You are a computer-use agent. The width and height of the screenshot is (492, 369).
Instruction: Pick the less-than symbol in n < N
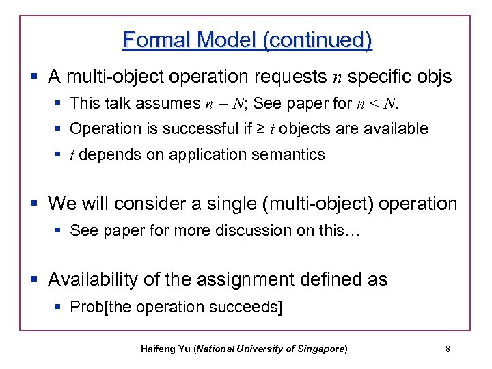[x=372, y=104]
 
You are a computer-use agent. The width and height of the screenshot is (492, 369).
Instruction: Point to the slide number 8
[x=447, y=349]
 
